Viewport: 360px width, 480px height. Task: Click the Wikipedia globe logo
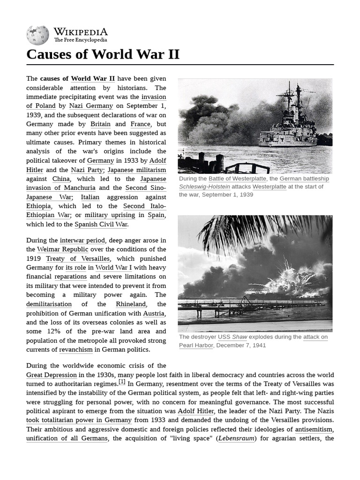37,35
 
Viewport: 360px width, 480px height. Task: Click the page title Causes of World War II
103,54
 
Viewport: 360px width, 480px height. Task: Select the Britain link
100,124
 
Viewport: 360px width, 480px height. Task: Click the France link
140,124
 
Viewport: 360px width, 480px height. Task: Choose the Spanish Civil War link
101,225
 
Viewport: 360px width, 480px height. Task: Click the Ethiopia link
38,206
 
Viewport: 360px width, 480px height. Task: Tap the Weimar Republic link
62,249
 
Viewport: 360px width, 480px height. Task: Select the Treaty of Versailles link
78,259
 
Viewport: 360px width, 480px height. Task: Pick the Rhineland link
131,304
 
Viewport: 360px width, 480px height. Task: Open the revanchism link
75,350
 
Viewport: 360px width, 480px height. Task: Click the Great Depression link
52,375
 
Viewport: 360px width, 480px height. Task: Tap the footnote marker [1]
122,382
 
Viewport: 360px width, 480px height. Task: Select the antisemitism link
314,429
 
